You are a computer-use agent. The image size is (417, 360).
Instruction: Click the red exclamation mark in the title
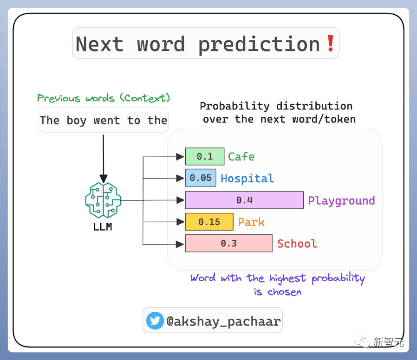coord(331,43)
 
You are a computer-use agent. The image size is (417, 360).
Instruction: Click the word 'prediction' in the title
coord(259,45)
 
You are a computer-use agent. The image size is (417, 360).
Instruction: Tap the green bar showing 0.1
coord(205,156)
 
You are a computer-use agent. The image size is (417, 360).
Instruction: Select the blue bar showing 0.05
coord(201,178)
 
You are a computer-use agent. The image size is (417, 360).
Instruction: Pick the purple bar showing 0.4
coord(244,200)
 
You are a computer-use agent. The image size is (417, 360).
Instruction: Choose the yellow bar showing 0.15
coord(209,222)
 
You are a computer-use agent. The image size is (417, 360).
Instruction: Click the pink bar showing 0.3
coord(229,244)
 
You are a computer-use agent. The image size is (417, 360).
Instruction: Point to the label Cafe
coord(241,157)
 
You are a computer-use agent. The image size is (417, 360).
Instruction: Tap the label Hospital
coord(248,179)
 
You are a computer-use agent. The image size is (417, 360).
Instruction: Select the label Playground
coord(341,201)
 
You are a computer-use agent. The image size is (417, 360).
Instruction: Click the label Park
coord(251,222)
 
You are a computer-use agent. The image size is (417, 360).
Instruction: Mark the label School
coord(297,244)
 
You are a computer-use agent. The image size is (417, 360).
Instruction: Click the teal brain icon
coord(103,200)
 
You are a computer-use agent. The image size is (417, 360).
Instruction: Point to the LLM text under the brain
coord(103,227)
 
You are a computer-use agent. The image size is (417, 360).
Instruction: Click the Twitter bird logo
coord(155,321)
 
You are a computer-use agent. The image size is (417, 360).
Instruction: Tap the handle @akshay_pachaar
coord(223,321)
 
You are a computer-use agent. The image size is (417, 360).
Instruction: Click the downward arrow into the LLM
coord(104,159)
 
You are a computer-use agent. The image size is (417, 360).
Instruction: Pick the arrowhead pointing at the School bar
coord(180,244)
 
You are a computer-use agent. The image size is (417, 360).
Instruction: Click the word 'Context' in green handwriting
coord(145,98)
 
